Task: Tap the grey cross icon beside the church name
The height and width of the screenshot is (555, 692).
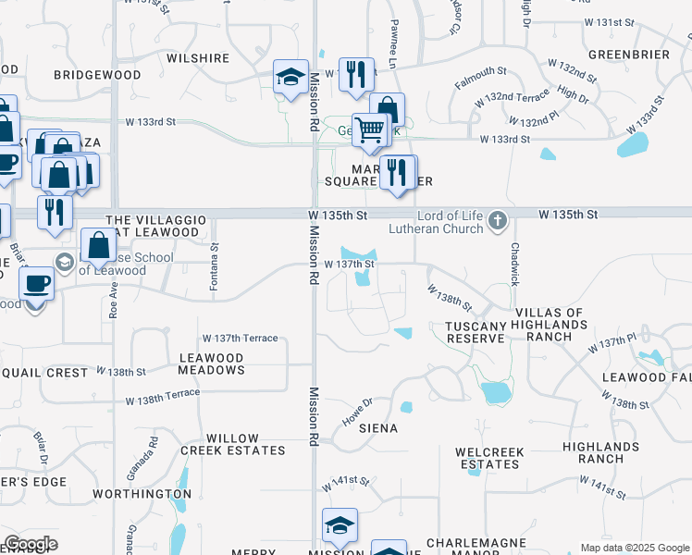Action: tap(498, 220)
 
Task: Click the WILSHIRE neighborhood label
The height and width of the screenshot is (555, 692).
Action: tap(198, 58)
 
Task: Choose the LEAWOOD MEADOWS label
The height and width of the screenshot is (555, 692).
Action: tap(211, 364)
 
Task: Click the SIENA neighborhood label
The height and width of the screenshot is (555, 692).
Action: tap(378, 429)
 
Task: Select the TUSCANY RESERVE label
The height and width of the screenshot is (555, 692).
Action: tap(476, 332)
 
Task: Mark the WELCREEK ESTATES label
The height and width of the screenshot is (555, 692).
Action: tap(490, 458)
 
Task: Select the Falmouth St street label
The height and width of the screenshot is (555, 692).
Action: tap(481, 78)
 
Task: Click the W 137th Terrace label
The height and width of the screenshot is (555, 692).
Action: tap(240, 339)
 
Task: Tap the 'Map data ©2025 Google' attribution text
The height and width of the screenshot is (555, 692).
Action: tap(634, 548)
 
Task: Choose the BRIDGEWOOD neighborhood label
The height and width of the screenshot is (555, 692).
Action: tap(97, 75)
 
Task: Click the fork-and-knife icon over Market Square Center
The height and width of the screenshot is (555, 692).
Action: tap(398, 173)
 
